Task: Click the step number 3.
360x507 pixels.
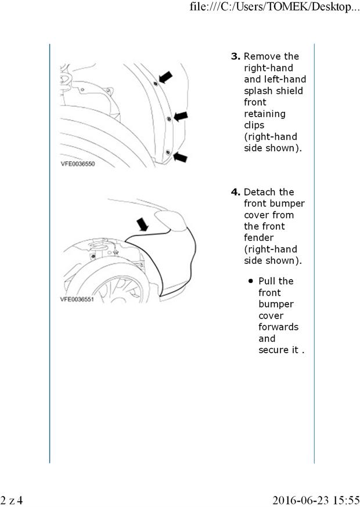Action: coord(236,57)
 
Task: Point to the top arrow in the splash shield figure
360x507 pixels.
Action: coord(166,77)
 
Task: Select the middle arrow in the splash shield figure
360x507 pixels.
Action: coord(181,116)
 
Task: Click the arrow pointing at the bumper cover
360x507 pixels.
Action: coord(142,223)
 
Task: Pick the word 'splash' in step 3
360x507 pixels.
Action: coord(259,91)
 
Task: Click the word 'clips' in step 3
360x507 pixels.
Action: coord(254,125)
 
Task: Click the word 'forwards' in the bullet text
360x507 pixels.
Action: coord(279,327)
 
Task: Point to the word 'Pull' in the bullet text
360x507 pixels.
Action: coord(268,281)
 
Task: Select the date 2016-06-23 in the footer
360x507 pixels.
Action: coord(298,499)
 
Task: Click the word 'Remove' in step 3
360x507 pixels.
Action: coord(272,57)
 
